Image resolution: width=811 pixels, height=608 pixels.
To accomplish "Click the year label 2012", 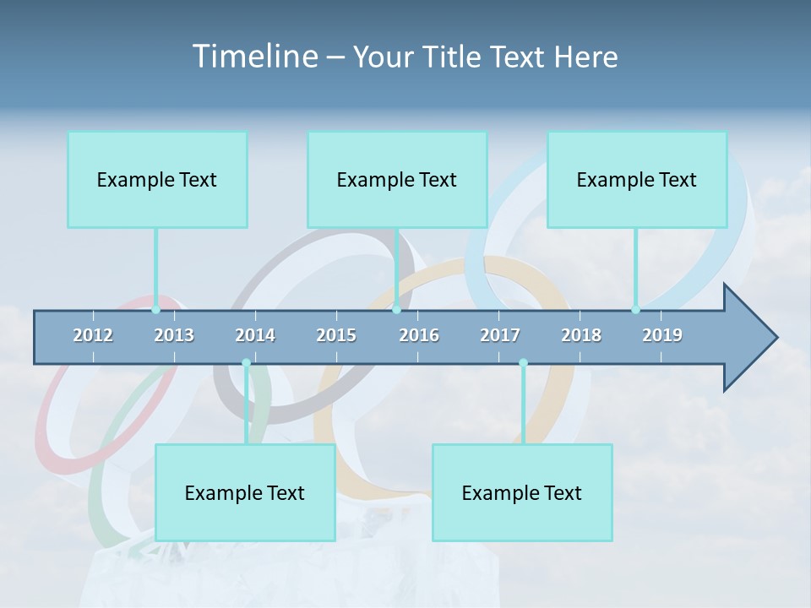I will (93, 335).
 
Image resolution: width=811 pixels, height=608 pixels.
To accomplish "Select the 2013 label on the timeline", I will (174, 335).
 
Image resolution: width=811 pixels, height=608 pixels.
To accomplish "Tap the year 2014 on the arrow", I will (255, 335).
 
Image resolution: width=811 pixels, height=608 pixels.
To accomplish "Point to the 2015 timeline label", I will (336, 335).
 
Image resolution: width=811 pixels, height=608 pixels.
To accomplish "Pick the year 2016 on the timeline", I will (419, 335).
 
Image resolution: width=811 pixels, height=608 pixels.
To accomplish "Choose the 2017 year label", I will (500, 335).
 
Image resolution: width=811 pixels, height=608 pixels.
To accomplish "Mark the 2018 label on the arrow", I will (581, 335).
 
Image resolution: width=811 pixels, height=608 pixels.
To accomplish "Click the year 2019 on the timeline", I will (662, 335).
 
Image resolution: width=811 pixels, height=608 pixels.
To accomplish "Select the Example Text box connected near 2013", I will (157, 179).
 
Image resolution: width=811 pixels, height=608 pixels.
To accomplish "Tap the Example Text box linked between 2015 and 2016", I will (397, 179).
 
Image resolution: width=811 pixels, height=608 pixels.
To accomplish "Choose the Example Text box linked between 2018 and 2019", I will (637, 179).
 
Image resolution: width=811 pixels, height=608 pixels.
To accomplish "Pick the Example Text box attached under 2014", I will (245, 492).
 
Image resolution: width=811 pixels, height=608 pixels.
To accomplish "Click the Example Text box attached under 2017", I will (522, 492).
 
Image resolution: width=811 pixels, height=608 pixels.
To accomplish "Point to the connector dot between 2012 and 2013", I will (155, 310).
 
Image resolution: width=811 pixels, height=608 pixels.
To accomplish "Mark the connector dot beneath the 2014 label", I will (246, 363).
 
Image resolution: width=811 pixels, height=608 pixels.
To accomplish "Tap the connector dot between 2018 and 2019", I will (635, 310).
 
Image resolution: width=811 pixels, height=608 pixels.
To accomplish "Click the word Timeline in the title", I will (253, 57).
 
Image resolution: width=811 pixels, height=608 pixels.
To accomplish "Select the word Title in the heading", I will (455, 57).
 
